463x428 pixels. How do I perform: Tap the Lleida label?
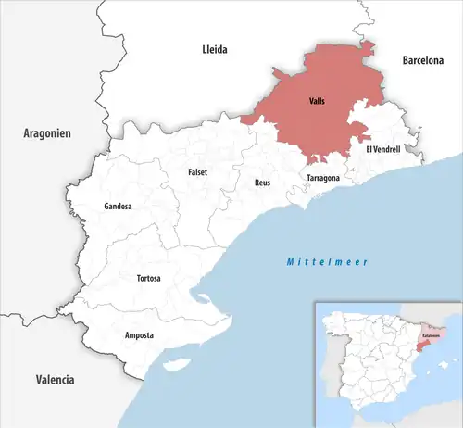click(x=214, y=48)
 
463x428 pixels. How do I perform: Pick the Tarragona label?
click(x=322, y=177)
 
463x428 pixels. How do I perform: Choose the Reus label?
click(x=262, y=183)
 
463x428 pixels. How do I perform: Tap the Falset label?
click(x=197, y=172)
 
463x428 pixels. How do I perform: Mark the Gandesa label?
click(x=118, y=206)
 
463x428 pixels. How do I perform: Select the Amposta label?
click(x=139, y=334)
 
